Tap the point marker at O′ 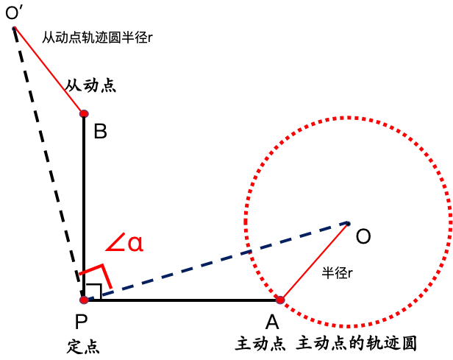click(x=14, y=28)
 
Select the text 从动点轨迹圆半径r click(x=97, y=38)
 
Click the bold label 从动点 click(x=90, y=86)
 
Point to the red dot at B click(x=84, y=113)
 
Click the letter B click(x=100, y=131)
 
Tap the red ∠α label click(x=124, y=242)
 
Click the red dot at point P click(x=84, y=300)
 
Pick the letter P click(x=81, y=321)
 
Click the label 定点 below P click(x=84, y=346)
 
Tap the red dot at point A click(x=280, y=300)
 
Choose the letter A click(x=272, y=322)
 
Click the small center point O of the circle click(x=349, y=223)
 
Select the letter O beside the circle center click(x=363, y=236)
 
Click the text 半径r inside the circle click(x=337, y=272)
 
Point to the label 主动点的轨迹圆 click(x=356, y=343)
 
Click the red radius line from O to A click(x=314, y=261)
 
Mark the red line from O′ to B click(x=49, y=71)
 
